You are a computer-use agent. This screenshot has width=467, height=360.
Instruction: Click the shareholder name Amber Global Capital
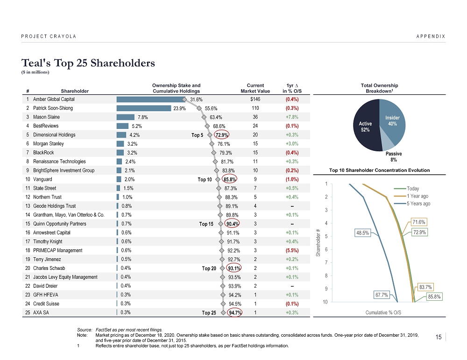(x=54, y=99)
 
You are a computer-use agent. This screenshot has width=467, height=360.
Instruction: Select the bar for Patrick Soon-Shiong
(x=144, y=108)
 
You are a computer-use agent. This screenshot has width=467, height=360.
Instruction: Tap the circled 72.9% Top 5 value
(x=222, y=135)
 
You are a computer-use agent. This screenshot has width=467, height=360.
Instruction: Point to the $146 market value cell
(x=255, y=99)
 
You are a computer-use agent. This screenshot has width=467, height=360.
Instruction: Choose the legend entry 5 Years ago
(x=418, y=204)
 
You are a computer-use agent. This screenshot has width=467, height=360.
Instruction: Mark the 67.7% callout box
(x=382, y=295)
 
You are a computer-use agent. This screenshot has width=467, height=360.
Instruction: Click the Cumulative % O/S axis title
(x=384, y=311)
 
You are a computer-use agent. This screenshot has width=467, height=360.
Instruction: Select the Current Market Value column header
(x=255, y=88)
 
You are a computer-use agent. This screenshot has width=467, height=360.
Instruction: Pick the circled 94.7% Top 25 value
(x=234, y=313)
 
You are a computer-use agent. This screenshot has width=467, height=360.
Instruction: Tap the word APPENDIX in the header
(x=430, y=36)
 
